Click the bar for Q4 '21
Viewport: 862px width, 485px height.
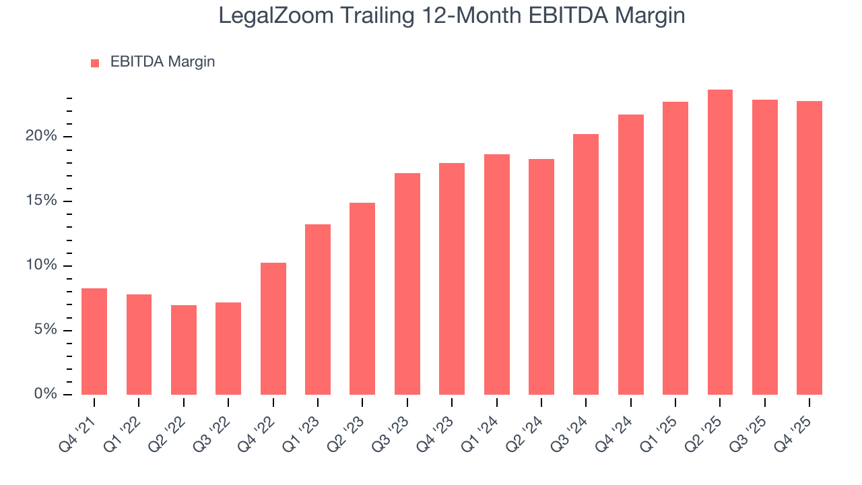pyautogui.click(x=94, y=342)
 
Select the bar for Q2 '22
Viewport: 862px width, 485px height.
pyautogui.click(x=184, y=350)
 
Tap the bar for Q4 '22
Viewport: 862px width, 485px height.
pyautogui.click(x=273, y=329)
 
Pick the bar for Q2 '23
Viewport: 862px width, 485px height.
pyautogui.click(x=362, y=298)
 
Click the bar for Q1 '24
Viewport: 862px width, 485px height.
pyautogui.click(x=496, y=274)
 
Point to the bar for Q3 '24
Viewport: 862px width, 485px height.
pyautogui.click(x=586, y=264)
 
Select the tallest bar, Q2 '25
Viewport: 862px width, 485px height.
pyautogui.click(x=720, y=242)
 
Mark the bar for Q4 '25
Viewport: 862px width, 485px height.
pyautogui.click(x=809, y=248)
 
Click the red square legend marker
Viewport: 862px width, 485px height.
pyautogui.click(x=95, y=63)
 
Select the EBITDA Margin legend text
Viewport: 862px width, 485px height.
pyautogui.click(x=162, y=62)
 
